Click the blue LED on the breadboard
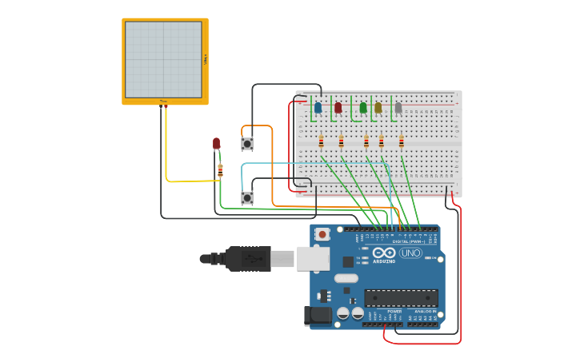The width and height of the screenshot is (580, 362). [x=318, y=107]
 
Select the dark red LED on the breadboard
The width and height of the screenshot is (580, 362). [x=338, y=107]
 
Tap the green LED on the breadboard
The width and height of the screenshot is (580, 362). [x=363, y=107]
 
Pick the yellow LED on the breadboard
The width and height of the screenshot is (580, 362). [x=378, y=107]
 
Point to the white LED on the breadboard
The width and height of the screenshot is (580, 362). [x=398, y=107]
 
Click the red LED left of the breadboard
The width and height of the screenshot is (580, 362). [x=216, y=143]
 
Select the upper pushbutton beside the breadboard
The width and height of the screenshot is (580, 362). [x=247, y=144]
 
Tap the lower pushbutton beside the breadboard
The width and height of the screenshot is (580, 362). [x=247, y=197]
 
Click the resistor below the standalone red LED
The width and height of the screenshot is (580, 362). [x=220, y=169]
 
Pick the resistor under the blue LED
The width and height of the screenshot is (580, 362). [x=321, y=142]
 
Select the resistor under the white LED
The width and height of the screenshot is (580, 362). [x=402, y=142]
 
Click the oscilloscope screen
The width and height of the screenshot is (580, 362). [x=163, y=60]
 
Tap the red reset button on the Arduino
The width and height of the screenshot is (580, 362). [x=322, y=234]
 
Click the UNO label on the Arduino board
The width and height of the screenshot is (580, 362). [x=410, y=253]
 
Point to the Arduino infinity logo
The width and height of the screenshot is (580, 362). [x=383, y=253]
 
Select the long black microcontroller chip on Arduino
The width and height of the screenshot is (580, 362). [x=401, y=298]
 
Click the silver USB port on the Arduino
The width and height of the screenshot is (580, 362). [x=313, y=258]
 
